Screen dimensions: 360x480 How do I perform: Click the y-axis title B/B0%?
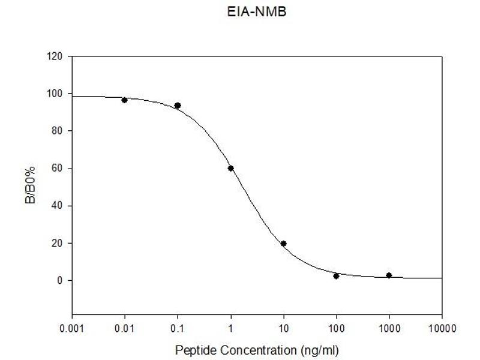click(30, 185)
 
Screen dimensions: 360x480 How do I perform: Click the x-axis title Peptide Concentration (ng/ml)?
click(257, 349)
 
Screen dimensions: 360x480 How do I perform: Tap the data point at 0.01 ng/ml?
click(124, 100)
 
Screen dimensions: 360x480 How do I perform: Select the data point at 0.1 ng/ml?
click(178, 106)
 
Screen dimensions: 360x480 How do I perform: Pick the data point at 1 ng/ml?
click(230, 168)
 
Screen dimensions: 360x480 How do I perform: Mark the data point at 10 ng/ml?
click(283, 244)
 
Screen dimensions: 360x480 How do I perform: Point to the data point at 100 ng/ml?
click(336, 276)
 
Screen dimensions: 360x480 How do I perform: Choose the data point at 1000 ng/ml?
click(389, 275)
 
